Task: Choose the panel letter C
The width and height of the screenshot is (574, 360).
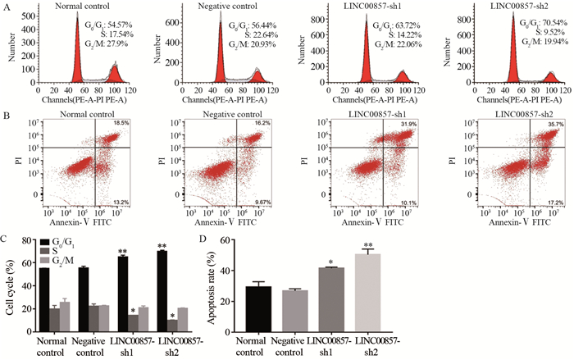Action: coord(6,239)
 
